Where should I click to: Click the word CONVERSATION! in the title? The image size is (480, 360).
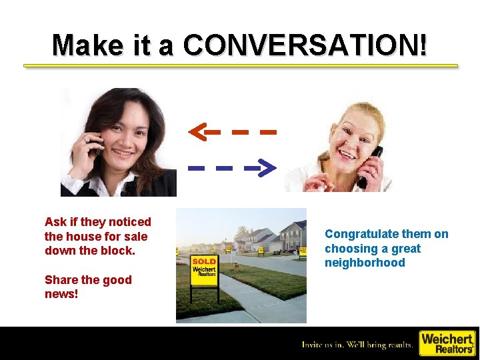306,45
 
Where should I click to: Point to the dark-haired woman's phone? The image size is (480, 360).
95,144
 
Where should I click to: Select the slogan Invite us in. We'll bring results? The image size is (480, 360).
357,344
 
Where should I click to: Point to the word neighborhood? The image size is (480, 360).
365,263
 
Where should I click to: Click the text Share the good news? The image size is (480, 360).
87,287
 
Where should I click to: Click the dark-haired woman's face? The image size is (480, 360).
127,137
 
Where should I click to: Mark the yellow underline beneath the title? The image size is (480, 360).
241,66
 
